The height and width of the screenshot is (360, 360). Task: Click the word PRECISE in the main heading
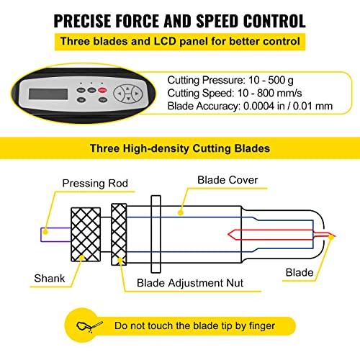pyautogui.click(x=83, y=21)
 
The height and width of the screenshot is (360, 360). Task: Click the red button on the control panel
pyautogui.click(x=103, y=90)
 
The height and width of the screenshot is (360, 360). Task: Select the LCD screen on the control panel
pyautogui.click(x=48, y=94)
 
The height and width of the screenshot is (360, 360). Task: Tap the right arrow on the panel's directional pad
pyautogui.click(x=137, y=94)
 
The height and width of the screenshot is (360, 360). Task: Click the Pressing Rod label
pyautogui.click(x=95, y=184)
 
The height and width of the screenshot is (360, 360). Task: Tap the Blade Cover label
pyautogui.click(x=228, y=180)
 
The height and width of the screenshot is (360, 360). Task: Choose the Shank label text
pyautogui.click(x=50, y=279)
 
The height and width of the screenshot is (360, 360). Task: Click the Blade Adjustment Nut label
pyautogui.click(x=190, y=283)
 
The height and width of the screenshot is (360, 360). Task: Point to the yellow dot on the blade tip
pyautogui.click(x=331, y=237)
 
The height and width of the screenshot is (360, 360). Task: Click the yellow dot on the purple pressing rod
pyautogui.click(x=45, y=232)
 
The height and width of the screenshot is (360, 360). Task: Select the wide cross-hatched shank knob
pyautogui.click(x=86, y=234)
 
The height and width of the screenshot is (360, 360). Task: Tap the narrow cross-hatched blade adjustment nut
pyautogui.click(x=119, y=234)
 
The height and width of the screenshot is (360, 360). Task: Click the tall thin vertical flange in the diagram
pyautogui.click(x=156, y=234)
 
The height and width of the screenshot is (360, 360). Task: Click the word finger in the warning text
pyautogui.click(x=262, y=326)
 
